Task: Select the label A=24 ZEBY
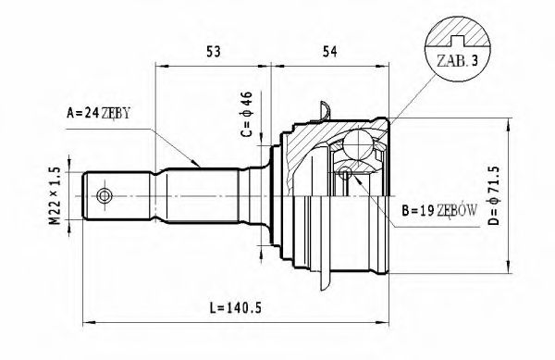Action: pyautogui.click(x=99, y=114)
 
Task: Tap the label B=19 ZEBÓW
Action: pyautogui.click(x=439, y=211)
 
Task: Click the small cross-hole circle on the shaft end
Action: pyautogui.click(x=104, y=196)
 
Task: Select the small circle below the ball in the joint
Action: pyautogui.click(x=344, y=171)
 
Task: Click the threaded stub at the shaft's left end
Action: pyautogui.click(x=116, y=196)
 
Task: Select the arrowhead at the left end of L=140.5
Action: pyautogui.click(x=88, y=319)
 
